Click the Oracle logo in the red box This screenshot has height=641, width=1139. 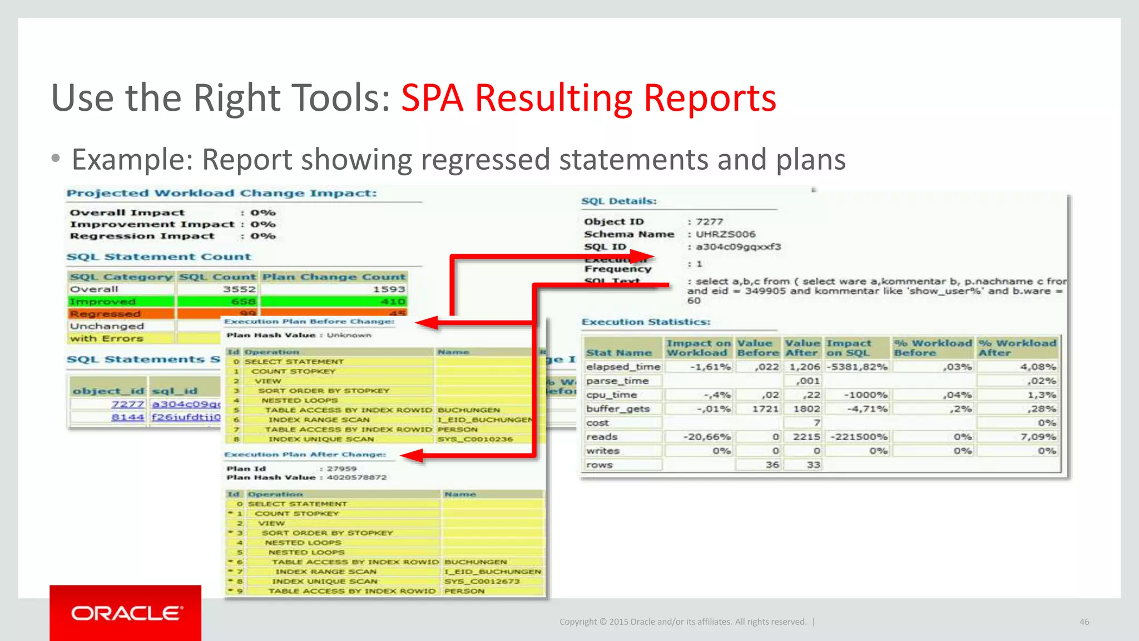(x=126, y=613)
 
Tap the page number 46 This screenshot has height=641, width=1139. (x=1084, y=622)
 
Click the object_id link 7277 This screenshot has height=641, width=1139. (x=127, y=404)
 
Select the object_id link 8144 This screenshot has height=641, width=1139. (x=127, y=417)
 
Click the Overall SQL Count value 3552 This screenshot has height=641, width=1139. (x=239, y=289)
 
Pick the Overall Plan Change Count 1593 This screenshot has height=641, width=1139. (x=389, y=289)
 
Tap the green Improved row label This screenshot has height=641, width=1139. (x=103, y=302)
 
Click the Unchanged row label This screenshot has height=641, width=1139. (x=107, y=326)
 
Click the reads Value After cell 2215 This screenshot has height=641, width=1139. (x=806, y=437)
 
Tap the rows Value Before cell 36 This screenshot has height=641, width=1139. (x=772, y=465)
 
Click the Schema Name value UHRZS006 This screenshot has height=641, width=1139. (x=725, y=234)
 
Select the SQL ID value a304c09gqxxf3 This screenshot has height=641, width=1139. (x=738, y=246)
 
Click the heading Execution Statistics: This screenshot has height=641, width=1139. (x=646, y=322)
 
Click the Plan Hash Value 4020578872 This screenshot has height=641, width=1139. (x=356, y=477)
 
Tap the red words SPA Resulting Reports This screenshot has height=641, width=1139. (x=588, y=98)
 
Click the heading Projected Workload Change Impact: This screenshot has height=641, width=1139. (x=221, y=193)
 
